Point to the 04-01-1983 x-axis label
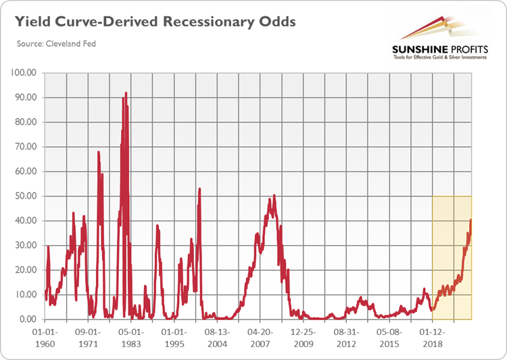[131, 338]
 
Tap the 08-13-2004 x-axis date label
[218, 338]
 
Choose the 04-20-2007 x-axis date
[261, 338]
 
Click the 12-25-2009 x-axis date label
[304, 338]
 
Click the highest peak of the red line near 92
[126, 93]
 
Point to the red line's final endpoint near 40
[470, 220]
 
